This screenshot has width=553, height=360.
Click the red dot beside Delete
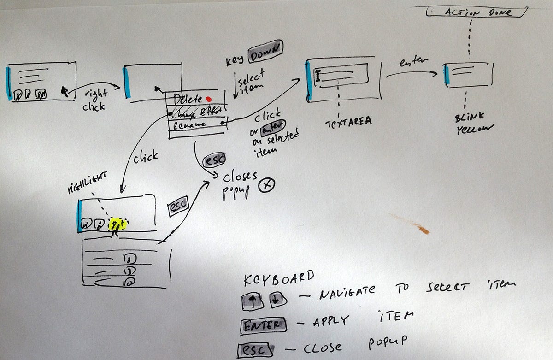(x=209, y=98)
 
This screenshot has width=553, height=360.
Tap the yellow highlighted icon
(x=117, y=224)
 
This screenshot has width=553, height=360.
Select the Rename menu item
(x=189, y=124)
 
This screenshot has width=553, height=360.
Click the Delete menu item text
(x=188, y=99)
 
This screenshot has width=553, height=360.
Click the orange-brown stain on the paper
(x=413, y=224)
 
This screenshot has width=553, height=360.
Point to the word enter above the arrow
(x=413, y=61)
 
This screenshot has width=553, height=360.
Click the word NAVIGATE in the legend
(x=344, y=291)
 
